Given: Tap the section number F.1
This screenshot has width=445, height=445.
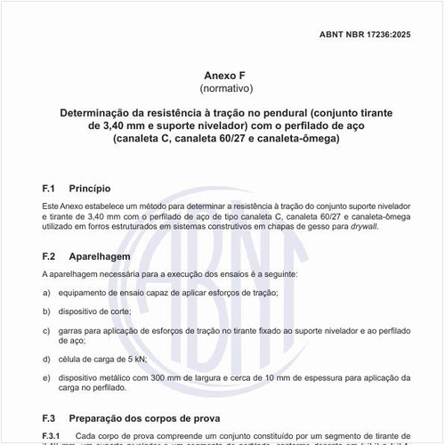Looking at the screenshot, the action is pyautogui.click(x=50, y=189).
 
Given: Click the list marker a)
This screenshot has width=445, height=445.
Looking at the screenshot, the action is pyautogui.click(x=46, y=293).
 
